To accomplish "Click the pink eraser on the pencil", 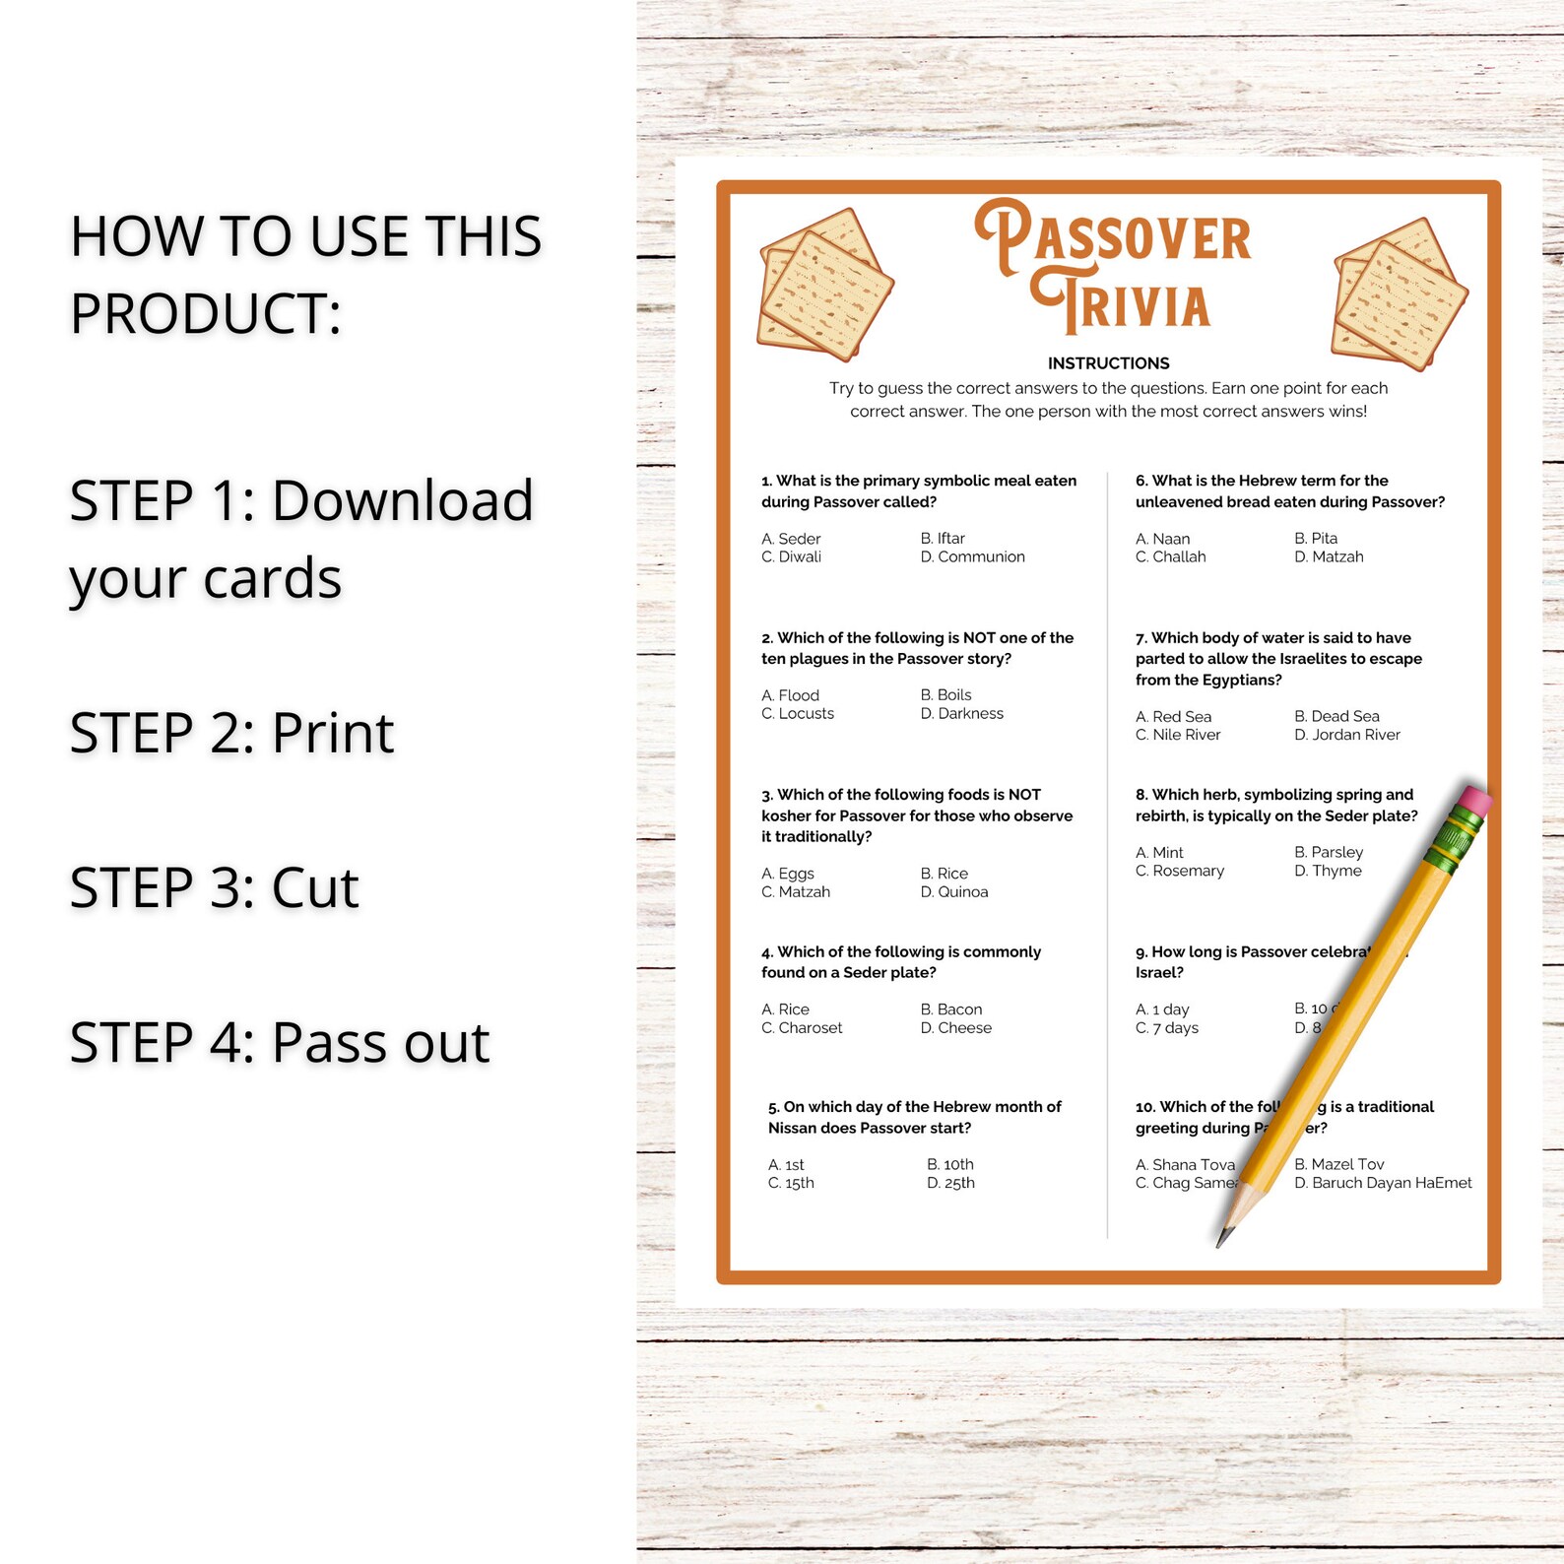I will [x=1473, y=801].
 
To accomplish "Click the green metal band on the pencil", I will [x=1453, y=842].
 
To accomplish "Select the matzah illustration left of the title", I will [x=824, y=285].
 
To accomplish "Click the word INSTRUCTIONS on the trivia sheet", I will [x=1108, y=363].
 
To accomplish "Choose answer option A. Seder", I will [x=791, y=539].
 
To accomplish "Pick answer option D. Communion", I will [x=972, y=557].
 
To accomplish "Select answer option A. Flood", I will [x=790, y=695].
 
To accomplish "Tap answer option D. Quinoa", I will [x=953, y=892].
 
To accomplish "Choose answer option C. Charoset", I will [x=802, y=1028].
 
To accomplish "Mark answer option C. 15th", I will [x=791, y=1183].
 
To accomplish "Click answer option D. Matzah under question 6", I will [x=1329, y=557].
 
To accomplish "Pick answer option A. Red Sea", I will [x=1173, y=717].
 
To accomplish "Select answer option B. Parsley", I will [x=1329, y=853].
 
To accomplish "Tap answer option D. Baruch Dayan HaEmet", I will [x=1383, y=1183].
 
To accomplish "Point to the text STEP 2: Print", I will [x=231, y=733].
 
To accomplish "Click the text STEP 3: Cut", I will [x=214, y=887].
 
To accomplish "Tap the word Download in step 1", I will [x=402, y=500].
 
